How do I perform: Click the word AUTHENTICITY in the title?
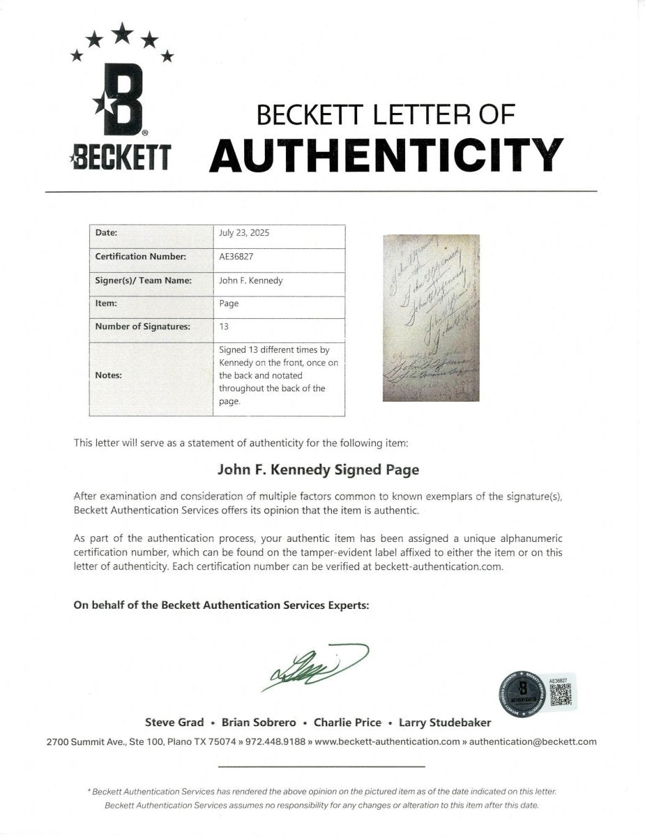pos(386,155)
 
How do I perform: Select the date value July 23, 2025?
pos(244,234)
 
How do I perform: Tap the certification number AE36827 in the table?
pos(236,256)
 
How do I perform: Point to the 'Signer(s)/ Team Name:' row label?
pos(143,281)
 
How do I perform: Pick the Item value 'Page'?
pos(229,303)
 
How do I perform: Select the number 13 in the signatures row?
pos(224,326)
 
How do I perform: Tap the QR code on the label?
pos(561,693)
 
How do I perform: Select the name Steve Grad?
pos(174,723)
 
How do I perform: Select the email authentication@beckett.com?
pos(533,742)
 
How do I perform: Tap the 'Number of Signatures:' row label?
pos(142,326)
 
